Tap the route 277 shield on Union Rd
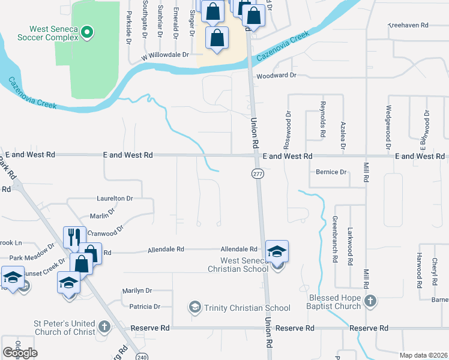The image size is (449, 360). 258,173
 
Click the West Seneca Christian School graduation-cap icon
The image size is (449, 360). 277,250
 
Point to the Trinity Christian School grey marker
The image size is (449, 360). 194,308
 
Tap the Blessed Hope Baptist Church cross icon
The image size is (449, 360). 371,301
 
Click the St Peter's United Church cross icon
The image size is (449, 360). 104,327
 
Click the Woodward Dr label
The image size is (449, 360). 277,76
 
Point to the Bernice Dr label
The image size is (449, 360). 331,172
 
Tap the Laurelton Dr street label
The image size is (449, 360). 115,198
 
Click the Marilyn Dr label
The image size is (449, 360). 137,290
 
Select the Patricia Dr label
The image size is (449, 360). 145,307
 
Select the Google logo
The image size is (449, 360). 20,352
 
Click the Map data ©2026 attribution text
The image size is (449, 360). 423,355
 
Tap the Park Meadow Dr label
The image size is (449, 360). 32,258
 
